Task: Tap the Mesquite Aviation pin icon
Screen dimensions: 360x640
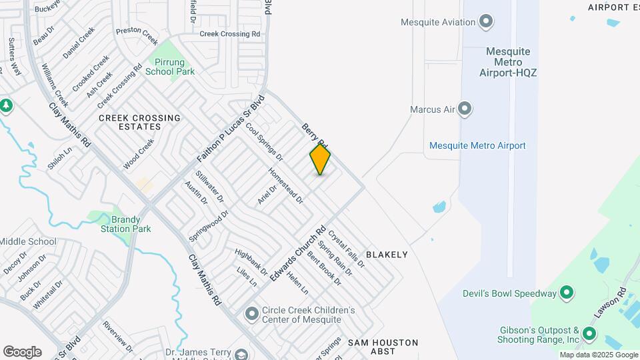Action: coord(487,22)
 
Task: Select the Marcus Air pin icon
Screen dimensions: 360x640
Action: coord(465,108)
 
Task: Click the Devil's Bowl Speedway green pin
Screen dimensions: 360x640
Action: coord(567,293)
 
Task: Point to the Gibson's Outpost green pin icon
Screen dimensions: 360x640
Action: coord(589,334)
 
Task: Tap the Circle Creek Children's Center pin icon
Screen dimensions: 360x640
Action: coord(251,313)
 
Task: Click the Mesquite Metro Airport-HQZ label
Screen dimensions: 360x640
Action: coord(508,61)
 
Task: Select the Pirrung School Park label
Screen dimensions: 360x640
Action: coord(170,67)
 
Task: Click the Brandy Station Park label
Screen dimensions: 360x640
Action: coord(125,224)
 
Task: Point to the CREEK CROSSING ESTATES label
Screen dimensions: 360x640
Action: coord(139,122)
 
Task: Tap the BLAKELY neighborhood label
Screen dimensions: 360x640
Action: coord(386,255)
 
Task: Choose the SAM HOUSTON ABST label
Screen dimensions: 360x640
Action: coord(383,343)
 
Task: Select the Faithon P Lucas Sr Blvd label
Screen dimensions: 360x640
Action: coord(231,130)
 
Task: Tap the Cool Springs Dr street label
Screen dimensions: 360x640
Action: coord(265,141)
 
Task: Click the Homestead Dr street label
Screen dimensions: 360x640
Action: coord(286,185)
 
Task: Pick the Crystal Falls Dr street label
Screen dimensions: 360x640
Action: coord(347,249)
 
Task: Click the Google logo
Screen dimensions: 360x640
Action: coord(22,351)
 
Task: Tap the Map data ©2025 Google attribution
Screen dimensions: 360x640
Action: coord(599,355)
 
